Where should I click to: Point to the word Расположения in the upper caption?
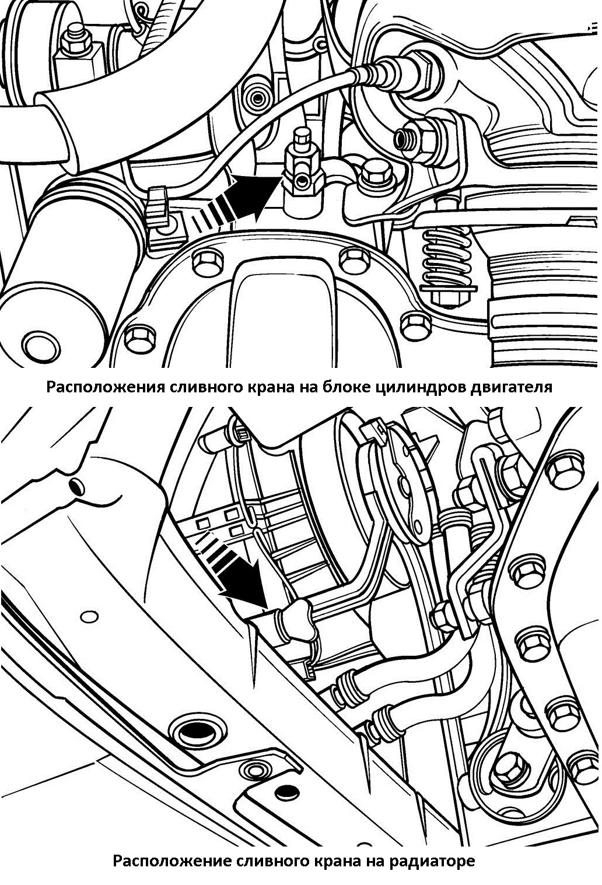pyautogui.click(x=105, y=387)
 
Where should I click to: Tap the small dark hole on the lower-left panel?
pyautogui.click(x=77, y=486)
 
